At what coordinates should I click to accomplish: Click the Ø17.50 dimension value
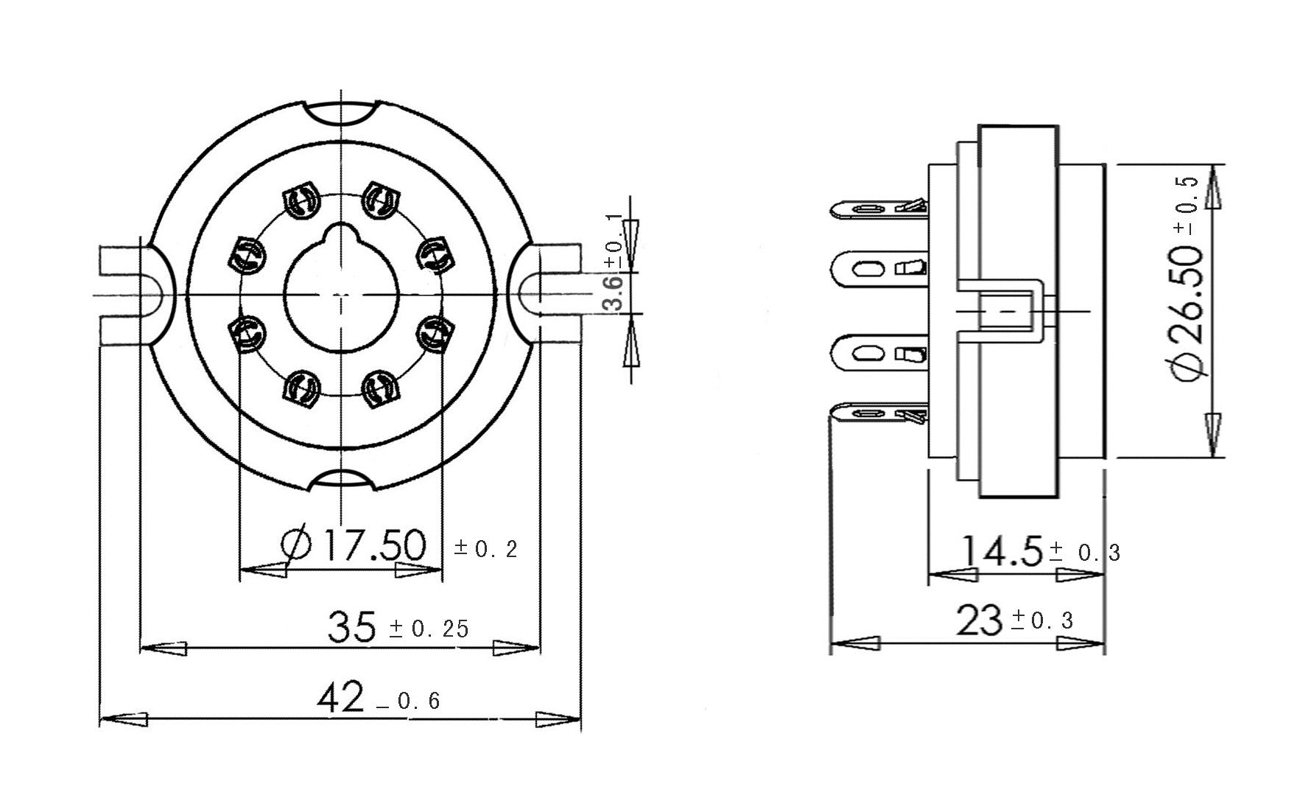coord(354,545)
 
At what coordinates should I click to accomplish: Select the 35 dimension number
coord(351,628)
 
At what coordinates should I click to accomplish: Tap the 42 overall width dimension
coord(341,697)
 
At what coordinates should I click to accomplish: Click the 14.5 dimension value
coord(1002,550)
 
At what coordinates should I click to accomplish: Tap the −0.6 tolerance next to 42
coord(408,701)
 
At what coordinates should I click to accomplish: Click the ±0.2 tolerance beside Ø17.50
coord(486,549)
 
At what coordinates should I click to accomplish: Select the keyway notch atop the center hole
coord(341,235)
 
